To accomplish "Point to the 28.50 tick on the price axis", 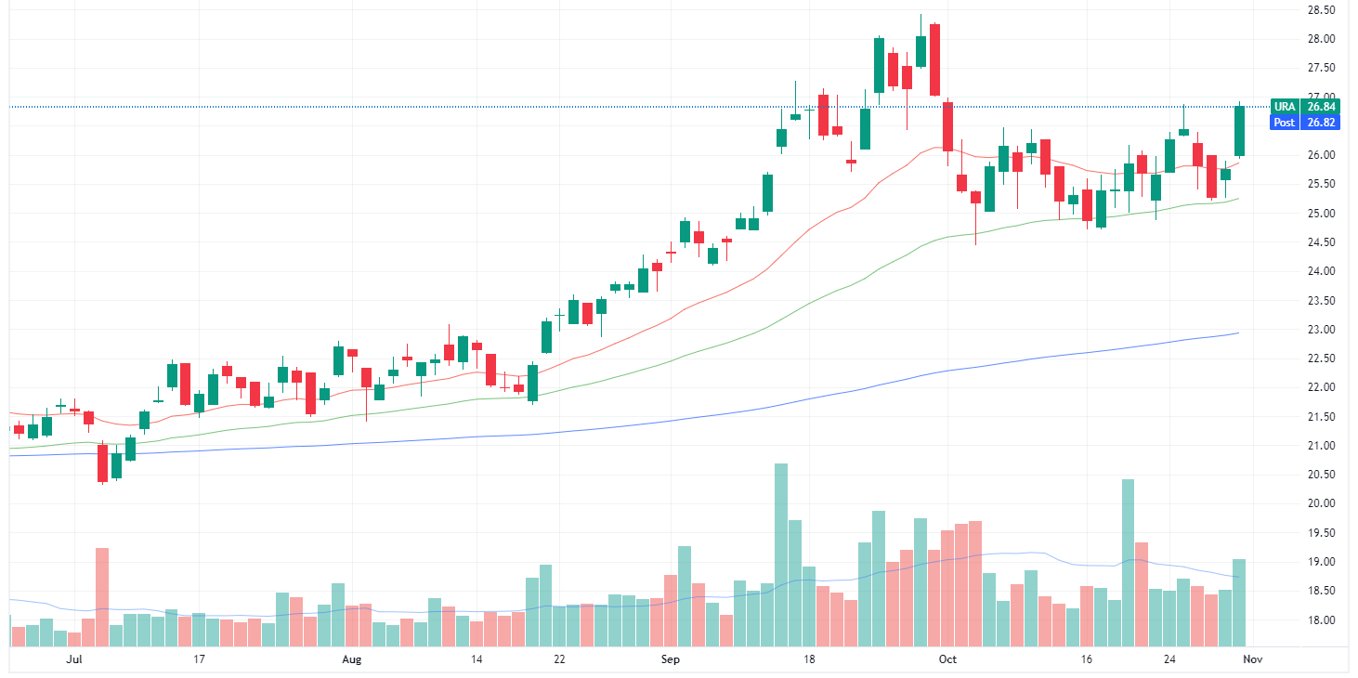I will tap(1320, 10).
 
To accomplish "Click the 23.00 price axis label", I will tap(1320, 330).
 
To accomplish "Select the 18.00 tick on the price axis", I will tap(1320, 620).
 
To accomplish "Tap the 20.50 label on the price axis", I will tap(1320, 475).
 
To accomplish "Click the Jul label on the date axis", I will tap(75, 659).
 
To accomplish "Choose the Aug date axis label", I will tap(351, 659).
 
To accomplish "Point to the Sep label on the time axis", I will tap(671, 659).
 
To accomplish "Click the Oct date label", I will tap(947, 659).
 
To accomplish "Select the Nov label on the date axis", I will tap(1251, 659).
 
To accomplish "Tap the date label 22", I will tap(559, 659).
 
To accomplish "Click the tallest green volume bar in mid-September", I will tap(781, 554).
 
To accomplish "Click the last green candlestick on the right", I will tap(1239, 131).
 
